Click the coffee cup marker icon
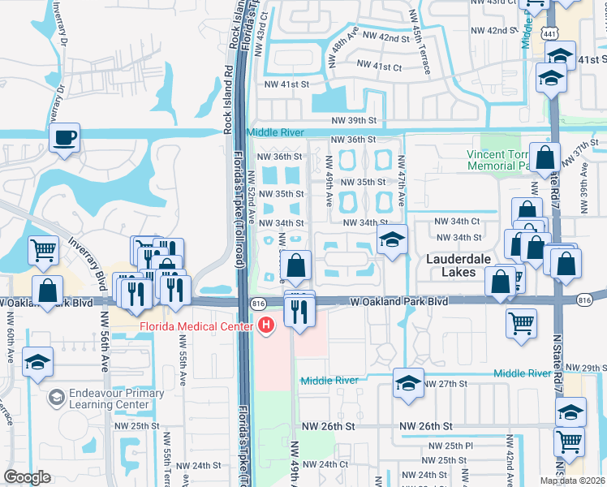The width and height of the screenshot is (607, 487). click(x=64, y=137)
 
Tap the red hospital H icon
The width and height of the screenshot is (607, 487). click(x=265, y=326)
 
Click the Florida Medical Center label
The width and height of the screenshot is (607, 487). click(x=203, y=328)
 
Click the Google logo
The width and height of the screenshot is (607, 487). click(x=27, y=477)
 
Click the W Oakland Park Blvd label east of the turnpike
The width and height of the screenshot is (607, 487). click(x=399, y=301)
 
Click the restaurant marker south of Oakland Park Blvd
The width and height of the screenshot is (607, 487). click(x=299, y=311)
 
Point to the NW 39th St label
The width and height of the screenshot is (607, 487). click(x=354, y=120)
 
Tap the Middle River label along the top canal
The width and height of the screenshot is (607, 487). click(x=275, y=132)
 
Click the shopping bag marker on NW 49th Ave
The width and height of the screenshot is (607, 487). click(x=297, y=265)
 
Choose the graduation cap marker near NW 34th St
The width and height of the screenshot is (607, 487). click(x=392, y=240)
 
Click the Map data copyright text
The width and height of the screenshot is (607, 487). click(x=571, y=481)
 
